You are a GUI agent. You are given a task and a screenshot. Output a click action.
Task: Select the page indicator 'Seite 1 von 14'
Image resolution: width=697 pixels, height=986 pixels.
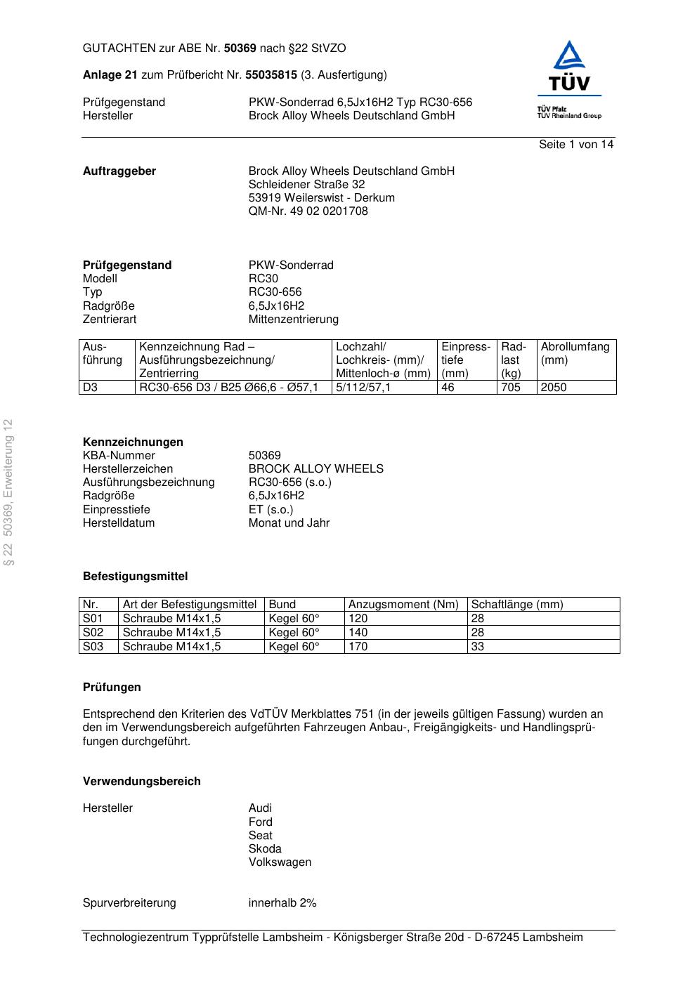coord(576,145)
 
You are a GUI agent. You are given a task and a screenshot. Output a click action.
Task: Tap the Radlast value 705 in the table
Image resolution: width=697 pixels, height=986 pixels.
coord(511,388)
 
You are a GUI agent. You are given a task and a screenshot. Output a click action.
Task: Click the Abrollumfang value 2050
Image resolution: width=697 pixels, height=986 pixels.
coord(554,388)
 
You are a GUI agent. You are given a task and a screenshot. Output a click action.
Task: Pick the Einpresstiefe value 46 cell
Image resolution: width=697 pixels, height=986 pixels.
coord(448,388)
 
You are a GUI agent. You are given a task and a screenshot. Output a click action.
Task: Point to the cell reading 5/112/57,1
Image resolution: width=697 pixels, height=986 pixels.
coord(363,388)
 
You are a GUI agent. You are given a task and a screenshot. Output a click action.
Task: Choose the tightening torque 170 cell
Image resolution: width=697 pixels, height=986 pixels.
coord(358,647)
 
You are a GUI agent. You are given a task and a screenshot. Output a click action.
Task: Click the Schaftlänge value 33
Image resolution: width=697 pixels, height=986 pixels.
coord(477,647)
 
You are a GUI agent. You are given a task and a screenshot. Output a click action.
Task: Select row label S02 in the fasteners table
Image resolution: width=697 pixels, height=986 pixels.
coord(93,633)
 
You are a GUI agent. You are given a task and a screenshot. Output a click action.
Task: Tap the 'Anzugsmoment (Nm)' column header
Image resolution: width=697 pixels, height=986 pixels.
coord(403,605)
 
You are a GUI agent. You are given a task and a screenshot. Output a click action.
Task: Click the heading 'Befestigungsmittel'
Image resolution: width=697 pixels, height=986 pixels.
coord(136,577)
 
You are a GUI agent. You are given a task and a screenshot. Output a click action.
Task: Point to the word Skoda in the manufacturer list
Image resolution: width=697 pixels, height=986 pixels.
coord(265,849)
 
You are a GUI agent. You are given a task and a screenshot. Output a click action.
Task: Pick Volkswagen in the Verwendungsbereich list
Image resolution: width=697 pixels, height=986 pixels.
coord(280,862)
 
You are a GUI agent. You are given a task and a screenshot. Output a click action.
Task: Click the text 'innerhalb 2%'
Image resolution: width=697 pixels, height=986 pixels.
coord(282,903)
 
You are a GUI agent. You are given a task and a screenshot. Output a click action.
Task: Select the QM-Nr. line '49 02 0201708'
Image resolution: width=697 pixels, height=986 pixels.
coord(308,211)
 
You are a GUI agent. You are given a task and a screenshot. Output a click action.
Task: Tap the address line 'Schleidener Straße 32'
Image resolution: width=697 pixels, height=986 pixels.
coord(306,185)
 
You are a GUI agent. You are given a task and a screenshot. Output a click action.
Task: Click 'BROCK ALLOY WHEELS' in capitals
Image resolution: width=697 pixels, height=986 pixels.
coord(316,469)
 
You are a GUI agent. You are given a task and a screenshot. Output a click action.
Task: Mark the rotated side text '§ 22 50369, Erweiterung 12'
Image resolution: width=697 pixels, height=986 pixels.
coord(8,492)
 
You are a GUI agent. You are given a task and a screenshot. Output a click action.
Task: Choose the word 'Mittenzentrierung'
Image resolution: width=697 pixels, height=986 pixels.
coord(293,320)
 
